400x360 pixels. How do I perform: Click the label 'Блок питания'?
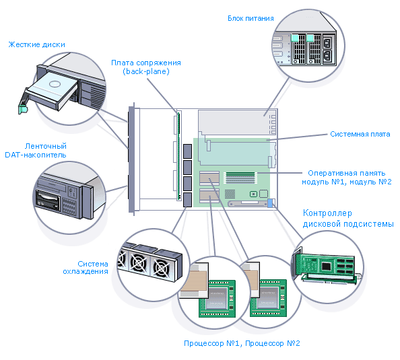coord(251,18)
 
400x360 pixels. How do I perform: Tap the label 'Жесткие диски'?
coord(37,44)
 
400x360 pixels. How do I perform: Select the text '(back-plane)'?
coord(146,71)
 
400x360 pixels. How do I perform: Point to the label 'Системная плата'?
coord(360,134)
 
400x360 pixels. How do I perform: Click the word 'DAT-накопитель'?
coord(36,155)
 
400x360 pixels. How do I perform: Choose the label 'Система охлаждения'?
coord(86,267)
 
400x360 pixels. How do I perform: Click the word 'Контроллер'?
coord(327,213)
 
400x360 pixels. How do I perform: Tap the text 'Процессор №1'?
coord(211,343)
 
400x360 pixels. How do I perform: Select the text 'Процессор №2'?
coord(273,343)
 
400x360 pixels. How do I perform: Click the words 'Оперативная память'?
coord(346,173)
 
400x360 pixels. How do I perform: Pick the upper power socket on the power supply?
coord(327,43)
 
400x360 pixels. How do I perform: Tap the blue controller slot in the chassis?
coord(270,203)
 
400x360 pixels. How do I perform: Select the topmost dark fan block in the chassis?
coord(187,151)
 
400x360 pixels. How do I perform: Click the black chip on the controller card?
coord(327,266)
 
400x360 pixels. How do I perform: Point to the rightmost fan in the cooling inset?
coord(162,268)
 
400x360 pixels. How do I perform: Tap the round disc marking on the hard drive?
coord(55,83)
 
